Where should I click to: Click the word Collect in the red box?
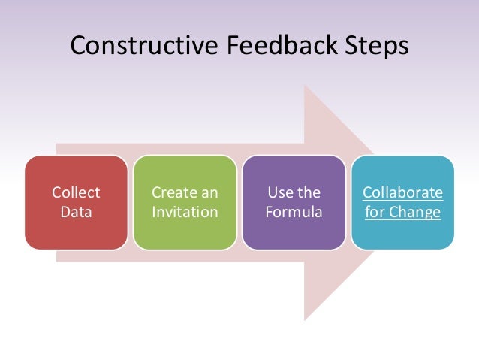coord(76,192)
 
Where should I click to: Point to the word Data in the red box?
coord(76,212)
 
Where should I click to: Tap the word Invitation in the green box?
coord(185,212)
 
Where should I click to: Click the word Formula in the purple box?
coord(294,212)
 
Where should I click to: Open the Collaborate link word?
coord(402,192)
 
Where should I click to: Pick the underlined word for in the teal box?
coord(374,212)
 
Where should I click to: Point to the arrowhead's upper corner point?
coord(304,85)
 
